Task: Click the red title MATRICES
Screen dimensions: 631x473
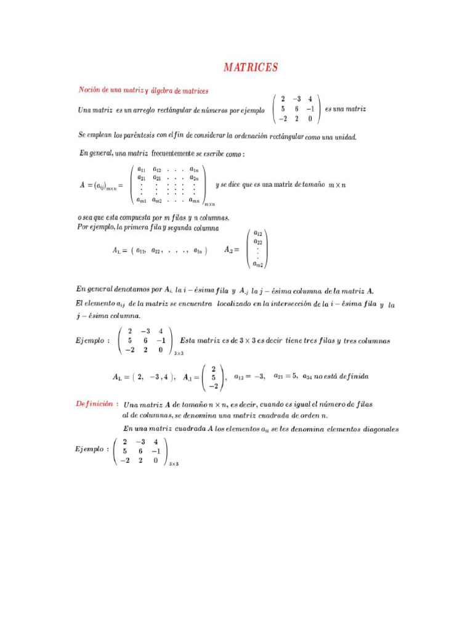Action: (250, 67)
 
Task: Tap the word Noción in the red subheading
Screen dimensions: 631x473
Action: (89, 90)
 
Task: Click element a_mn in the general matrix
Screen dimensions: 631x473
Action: (195, 200)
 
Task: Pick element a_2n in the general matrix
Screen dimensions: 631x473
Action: (194, 177)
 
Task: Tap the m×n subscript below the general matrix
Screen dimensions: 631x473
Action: (209, 205)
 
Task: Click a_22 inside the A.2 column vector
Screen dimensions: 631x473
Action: (258, 242)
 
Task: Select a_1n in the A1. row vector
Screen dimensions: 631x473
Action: (198, 250)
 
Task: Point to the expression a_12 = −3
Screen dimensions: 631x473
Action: (249, 376)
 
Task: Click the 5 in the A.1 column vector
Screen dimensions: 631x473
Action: (212, 377)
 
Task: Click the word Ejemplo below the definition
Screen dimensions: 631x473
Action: (89, 449)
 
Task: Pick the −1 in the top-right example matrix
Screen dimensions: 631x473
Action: (310, 109)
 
